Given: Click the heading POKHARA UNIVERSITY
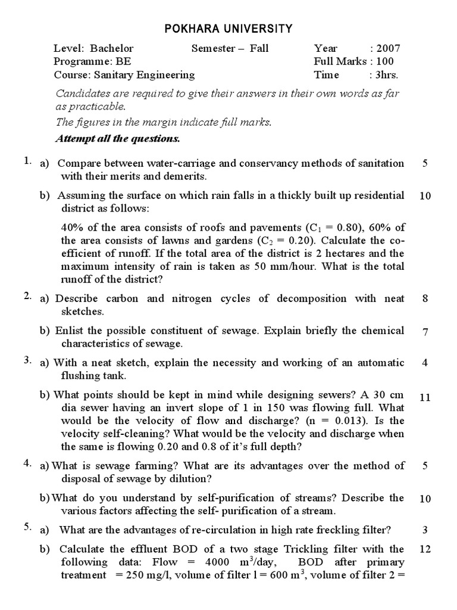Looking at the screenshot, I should click(228, 28).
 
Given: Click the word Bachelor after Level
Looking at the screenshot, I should click(112, 48).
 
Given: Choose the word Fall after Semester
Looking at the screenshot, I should click(259, 48).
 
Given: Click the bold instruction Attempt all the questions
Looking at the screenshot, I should click(117, 138).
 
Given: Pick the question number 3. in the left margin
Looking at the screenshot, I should click(27, 360).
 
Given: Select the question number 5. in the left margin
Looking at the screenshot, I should click(27, 527).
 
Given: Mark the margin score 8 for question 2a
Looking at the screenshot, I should click(425, 299).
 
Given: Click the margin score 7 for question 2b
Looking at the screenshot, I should click(425, 332).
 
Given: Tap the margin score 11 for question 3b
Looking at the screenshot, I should click(425, 398).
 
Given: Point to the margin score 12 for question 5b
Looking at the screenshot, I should click(425, 549).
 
